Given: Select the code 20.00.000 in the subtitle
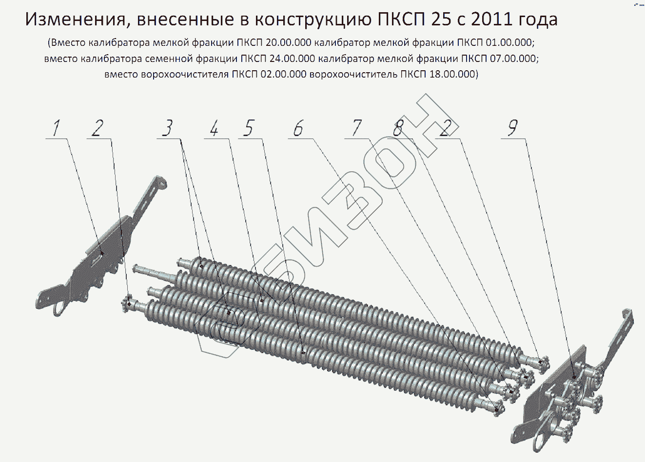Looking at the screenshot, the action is point(289,42).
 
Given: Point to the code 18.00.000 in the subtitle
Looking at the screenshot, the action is point(452,74).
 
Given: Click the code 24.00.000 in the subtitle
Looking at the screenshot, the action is point(292,59).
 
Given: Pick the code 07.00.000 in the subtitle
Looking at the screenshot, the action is point(513,59).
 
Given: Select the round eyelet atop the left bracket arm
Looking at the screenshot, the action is point(162,183).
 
